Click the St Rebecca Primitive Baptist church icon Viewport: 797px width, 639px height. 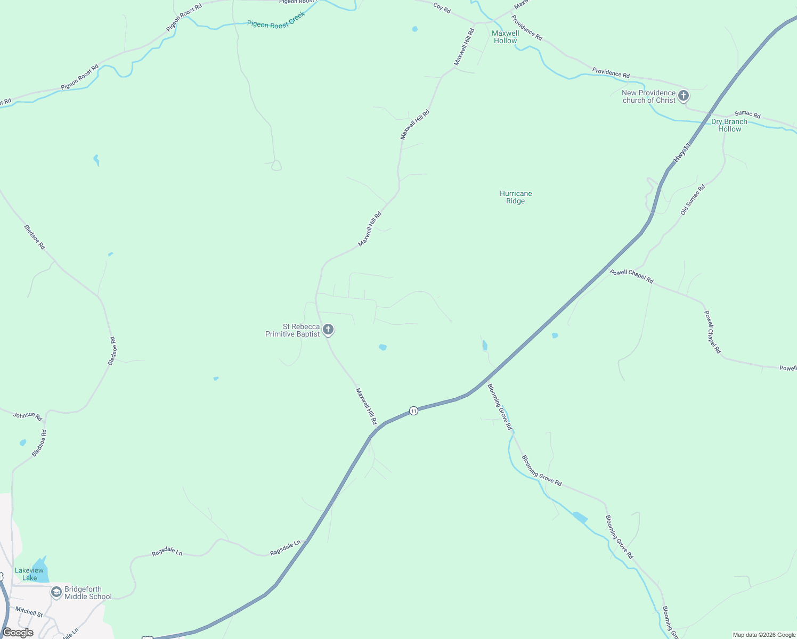[328, 330]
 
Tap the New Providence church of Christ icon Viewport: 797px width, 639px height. [684, 96]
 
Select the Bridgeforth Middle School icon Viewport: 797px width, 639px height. [56, 592]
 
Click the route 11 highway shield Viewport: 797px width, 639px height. [413, 411]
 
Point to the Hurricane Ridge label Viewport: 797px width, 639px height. [516, 197]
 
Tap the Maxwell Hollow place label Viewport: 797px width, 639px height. [505, 37]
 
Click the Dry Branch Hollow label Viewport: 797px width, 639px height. [729, 125]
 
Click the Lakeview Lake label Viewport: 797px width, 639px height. [29, 574]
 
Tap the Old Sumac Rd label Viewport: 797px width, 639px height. [693, 200]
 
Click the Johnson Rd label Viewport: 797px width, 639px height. [28, 416]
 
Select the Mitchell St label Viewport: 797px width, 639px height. [29, 611]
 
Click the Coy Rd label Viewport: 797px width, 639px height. [442, 8]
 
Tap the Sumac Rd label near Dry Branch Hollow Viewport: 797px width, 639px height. [747, 114]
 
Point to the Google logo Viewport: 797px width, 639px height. [18, 633]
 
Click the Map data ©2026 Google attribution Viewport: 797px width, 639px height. [764, 635]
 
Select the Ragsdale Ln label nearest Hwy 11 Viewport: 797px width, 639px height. [285, 548]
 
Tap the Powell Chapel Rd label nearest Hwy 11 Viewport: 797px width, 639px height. [632, 276]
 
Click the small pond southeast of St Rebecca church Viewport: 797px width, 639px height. [383, 347]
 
